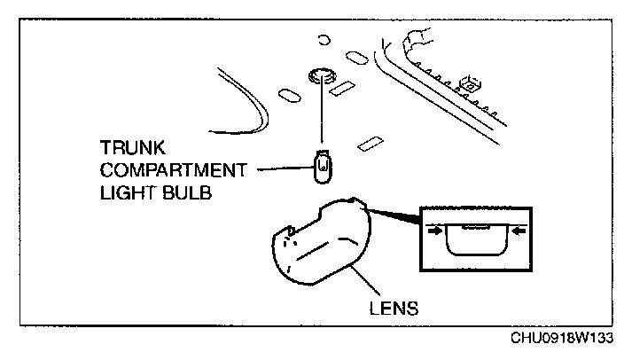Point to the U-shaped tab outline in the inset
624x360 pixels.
point(475,237)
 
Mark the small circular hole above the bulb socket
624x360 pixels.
point(324,40)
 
